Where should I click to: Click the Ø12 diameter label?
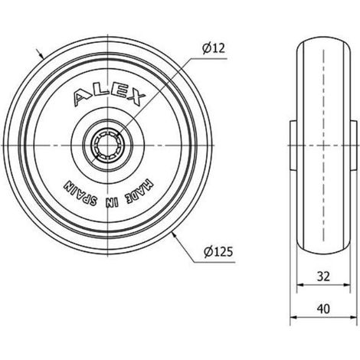(x=214, y=48)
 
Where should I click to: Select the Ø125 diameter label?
(x=218, y=252)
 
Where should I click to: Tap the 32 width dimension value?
(x=323, y=277)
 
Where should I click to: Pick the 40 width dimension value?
(x=323, y=309)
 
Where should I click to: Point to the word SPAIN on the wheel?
(x=80, y=194)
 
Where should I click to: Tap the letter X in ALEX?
(x=136, y=99)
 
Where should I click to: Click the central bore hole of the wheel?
(x=107, y=146)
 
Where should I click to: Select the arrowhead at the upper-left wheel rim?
(x=41, y=55)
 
